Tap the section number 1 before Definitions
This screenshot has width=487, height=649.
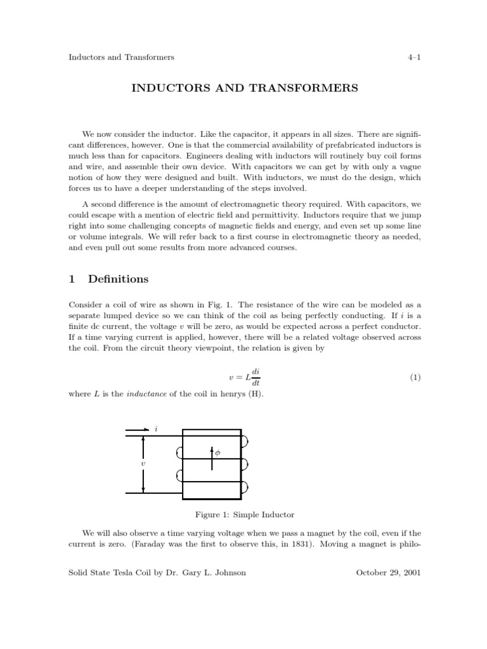72,279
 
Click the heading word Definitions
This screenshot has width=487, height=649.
119,279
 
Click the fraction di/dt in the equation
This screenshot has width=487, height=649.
256,377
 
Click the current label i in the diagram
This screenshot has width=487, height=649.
156,428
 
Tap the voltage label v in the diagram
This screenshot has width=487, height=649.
143,463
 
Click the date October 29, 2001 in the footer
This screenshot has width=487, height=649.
389,572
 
